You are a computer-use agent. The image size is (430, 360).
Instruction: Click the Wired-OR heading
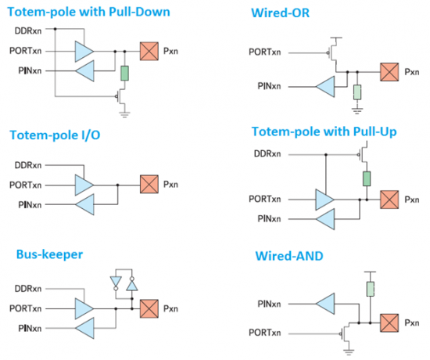tap(280, 13)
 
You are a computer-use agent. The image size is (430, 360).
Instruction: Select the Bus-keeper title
tap(49, 254)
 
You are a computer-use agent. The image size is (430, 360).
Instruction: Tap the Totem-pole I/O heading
tap(55, 135)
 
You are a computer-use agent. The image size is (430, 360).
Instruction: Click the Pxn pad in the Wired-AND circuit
tap(389, 323)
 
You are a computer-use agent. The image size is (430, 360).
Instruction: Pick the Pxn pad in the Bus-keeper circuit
tap(149, 308)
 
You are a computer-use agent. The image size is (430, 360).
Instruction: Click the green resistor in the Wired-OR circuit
tap(357, 92)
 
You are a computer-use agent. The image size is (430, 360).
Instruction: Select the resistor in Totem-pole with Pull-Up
tap(367, 178)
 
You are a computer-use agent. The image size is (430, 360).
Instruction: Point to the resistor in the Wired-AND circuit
tap(371, 289)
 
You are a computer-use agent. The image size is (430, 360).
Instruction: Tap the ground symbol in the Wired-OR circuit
tap(357, 110)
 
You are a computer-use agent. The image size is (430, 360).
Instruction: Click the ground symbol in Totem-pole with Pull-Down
tap(125, 114)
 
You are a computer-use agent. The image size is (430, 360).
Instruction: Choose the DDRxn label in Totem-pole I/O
tap(28, 165)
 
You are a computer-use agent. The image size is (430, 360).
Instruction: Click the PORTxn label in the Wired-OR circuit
tap(264, 52)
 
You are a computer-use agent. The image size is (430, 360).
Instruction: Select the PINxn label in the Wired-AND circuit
tap(269, 304)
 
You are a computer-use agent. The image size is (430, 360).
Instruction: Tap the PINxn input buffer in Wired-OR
tap(325, 87)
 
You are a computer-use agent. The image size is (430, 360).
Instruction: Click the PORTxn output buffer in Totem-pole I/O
tap(84, 185)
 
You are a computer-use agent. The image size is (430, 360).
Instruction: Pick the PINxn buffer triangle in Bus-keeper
tap(84, 328)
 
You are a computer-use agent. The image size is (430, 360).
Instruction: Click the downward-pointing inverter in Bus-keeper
tap(116, 283)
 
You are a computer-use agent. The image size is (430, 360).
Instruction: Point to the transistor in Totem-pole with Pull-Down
tap(120, 96)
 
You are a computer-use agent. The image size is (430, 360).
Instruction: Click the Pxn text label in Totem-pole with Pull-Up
tap(412, 200)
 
